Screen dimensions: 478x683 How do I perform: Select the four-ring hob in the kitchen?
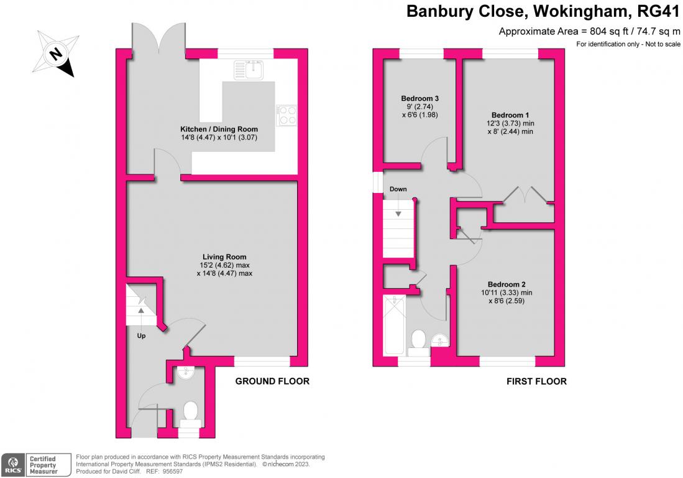287,115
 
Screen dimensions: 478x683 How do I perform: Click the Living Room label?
224,256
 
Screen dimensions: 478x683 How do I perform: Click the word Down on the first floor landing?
398,189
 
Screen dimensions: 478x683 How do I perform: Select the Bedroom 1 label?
510,115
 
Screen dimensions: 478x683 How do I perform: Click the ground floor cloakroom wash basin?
185,372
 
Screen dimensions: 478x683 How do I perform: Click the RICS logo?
12,463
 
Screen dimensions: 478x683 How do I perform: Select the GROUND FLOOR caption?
272,381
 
